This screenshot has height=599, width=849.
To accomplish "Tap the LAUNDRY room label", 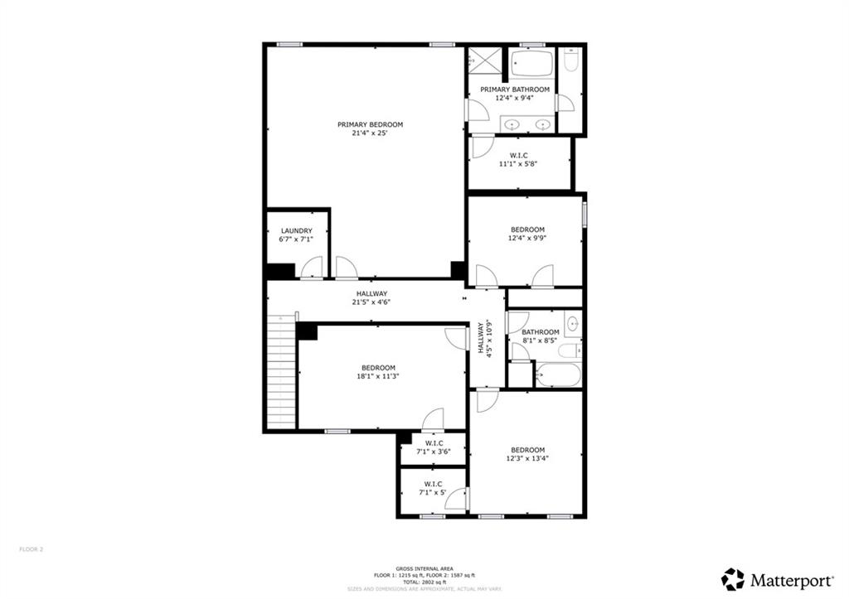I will coord(296,231).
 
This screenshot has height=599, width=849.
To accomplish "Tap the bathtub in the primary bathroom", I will coord(531,63).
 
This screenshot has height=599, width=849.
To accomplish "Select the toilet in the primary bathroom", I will coord(571,60).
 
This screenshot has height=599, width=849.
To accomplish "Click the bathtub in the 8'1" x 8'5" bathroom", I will coord(557,375).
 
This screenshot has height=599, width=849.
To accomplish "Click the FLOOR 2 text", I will coord(31,548).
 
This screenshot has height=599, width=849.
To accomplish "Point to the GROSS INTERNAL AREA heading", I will coord(424,568).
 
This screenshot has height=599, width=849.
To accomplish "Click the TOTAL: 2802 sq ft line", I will coord(424,582).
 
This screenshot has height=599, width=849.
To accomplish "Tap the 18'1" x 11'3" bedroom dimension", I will coord(378,376).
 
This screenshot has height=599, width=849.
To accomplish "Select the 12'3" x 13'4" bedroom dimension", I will coord(527,458).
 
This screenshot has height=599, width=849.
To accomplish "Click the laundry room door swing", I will coord(313,268).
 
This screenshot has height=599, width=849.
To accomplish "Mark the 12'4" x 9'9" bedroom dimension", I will coord(527,239).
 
